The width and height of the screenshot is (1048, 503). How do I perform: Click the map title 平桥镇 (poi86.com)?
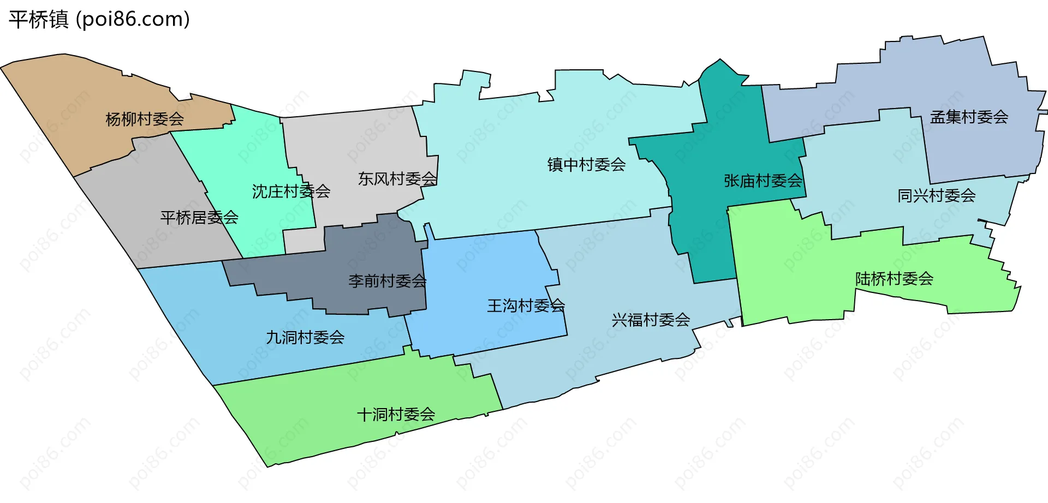pyautogui.click(x=99, y=20)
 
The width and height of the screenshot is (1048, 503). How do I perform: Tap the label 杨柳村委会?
pyautogui.click(x=145, y=119)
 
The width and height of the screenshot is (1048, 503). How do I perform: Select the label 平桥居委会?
pyautogui.click(x=199, y=218)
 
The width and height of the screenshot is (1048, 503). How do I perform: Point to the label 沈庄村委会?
pyautogui.click(x=291, y=191)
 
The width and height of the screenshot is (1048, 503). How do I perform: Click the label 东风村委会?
pyautogui.click(x=397, y=179)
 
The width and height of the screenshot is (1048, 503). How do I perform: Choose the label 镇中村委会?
pyautogui.click(x=586, y=165)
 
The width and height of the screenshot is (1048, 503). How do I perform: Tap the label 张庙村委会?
pyautogui.click(x=763, y=181)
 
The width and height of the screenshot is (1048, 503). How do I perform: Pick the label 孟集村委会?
pyautogui.click(x=969, y=117)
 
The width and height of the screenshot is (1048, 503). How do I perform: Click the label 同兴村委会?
pyautogui.click(x=937, y=195)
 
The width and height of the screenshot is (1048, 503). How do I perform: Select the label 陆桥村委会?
pyautogui.click(x=894, y=279)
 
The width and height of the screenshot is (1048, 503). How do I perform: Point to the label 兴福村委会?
pyautogui.click(x=651, y=320)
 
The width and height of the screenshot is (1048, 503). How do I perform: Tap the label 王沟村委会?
pyautogui.click(x=526, y=306)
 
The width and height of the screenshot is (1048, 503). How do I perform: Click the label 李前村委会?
pyautogui.click(x=387, y=281)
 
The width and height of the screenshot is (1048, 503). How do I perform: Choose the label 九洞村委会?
pyautogui.click(x=305, y=338)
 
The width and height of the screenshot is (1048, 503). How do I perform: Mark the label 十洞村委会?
pyautogui.click(x=396, y=415)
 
